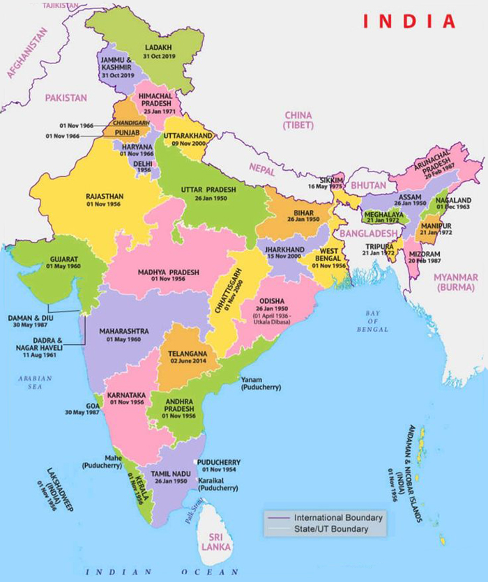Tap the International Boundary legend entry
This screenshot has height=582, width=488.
point(338,518)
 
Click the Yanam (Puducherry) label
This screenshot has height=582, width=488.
point(261,383)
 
